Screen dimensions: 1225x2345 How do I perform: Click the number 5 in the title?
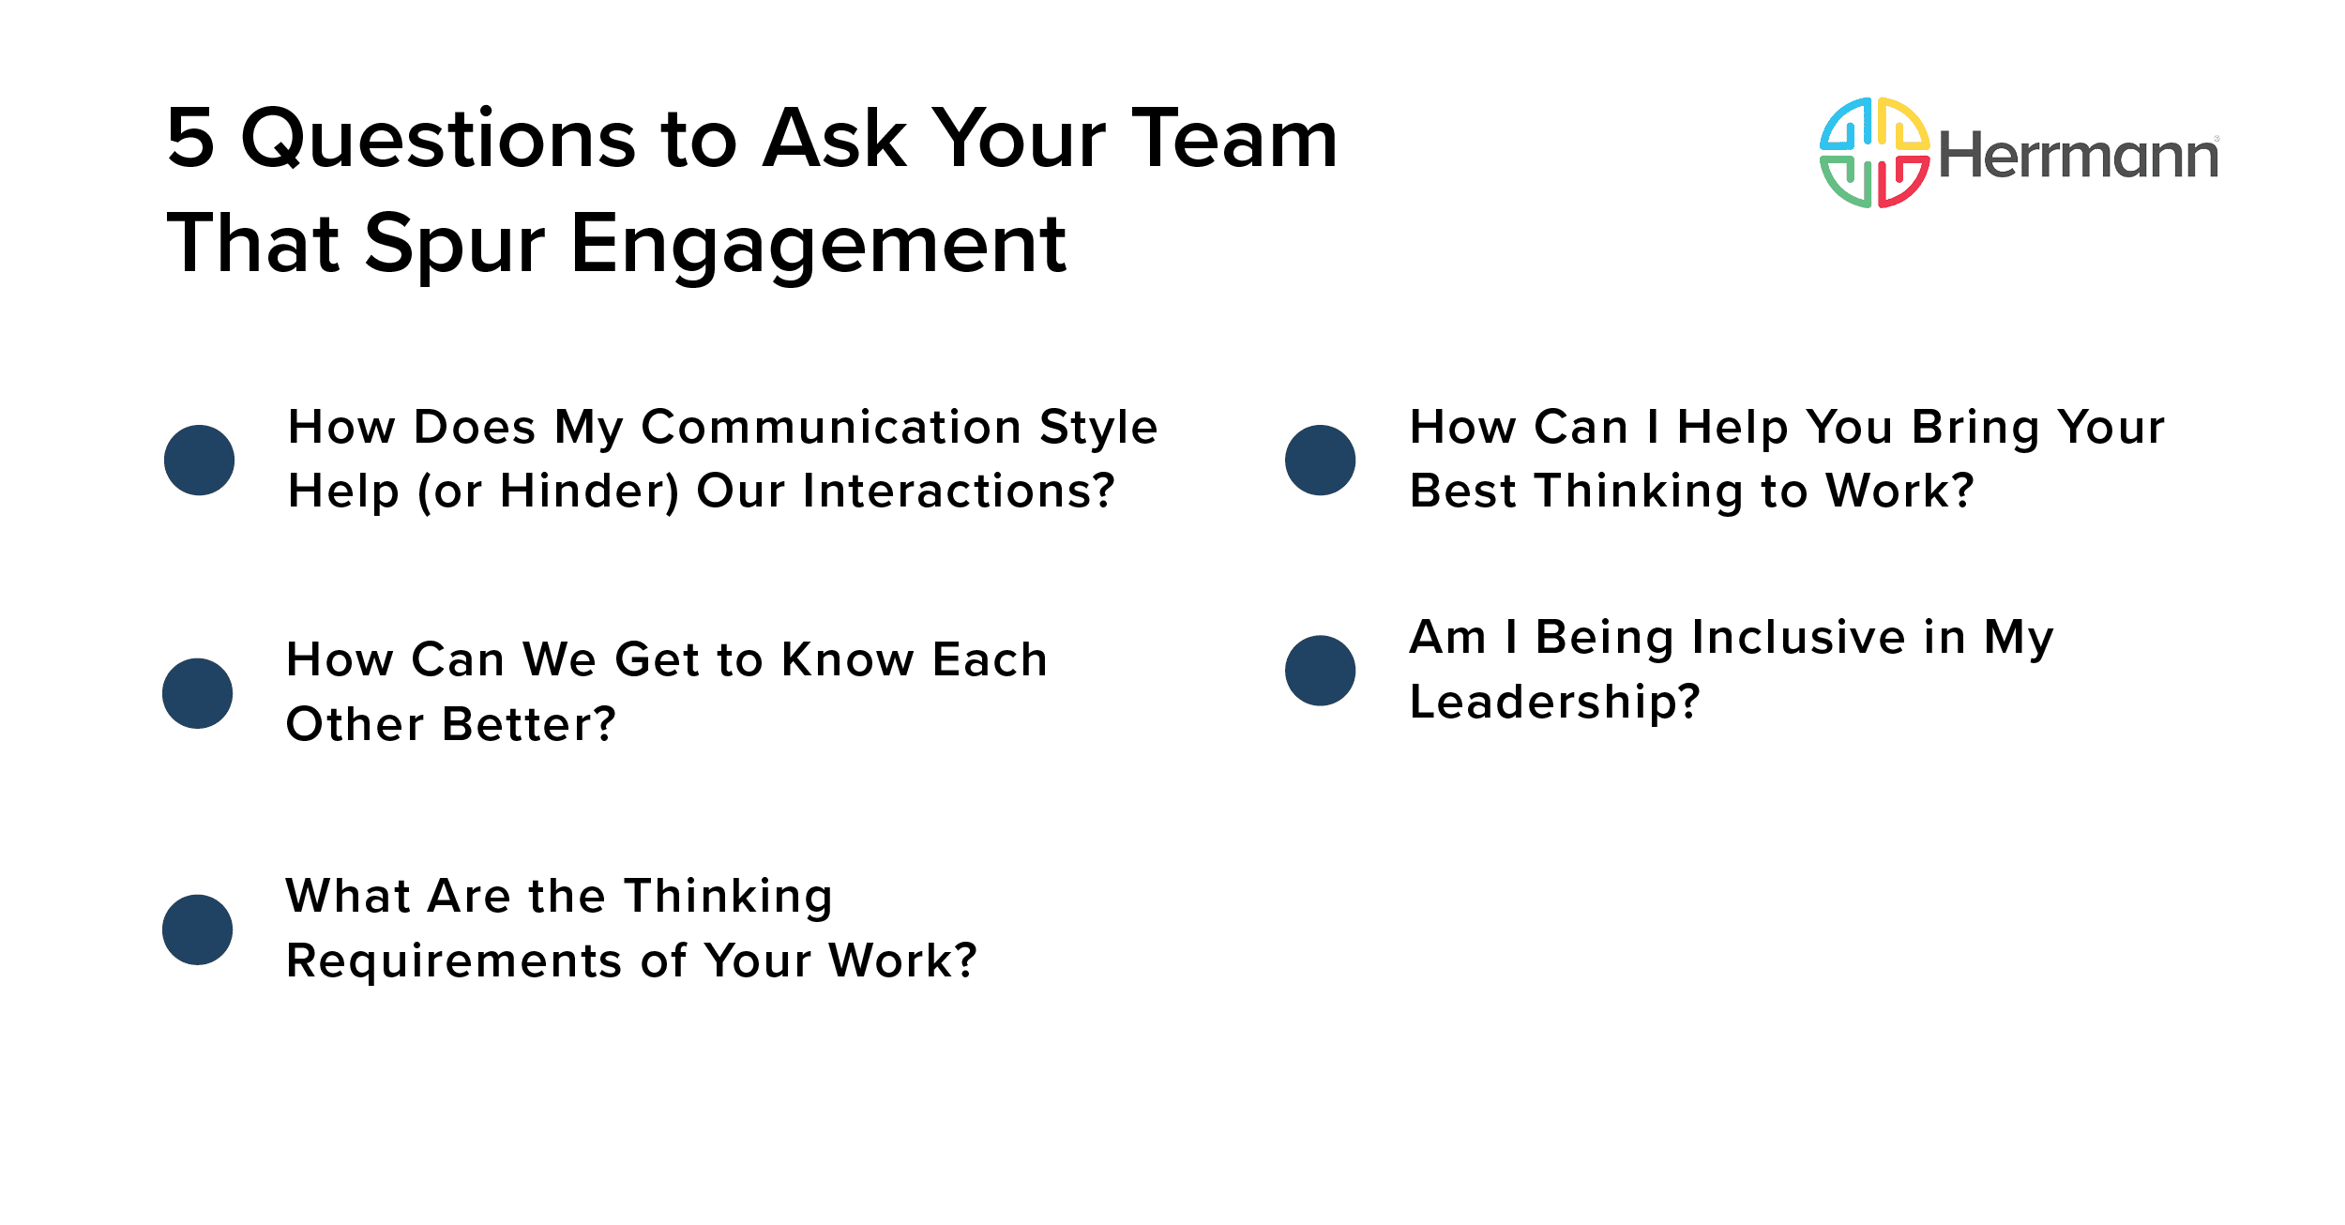[x=190, y=139]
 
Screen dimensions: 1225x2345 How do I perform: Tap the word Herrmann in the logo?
[x=2078, y=156]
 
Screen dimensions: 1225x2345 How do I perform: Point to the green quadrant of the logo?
[x=1846, y=182]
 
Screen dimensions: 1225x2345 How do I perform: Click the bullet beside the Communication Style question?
[x=199, y=460]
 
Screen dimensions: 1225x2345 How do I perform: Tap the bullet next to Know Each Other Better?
[x=197, y=693]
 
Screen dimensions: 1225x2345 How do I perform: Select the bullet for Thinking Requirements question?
[x=197, y=930]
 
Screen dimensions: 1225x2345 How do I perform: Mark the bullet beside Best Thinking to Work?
[x=1320, y=460]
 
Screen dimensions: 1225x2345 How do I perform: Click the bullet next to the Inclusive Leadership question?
[x=1320, y=671]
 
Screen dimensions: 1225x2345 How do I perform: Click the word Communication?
[x=831, y=428]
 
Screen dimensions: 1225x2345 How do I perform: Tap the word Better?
[x=529, y=725]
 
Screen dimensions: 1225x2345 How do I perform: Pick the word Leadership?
[x=1554, y=703]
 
